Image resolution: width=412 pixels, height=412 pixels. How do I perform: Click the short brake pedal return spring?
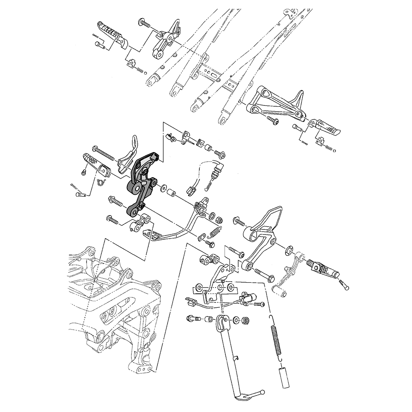(215, 232)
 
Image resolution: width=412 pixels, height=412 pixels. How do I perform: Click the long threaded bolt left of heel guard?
(105, 153)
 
